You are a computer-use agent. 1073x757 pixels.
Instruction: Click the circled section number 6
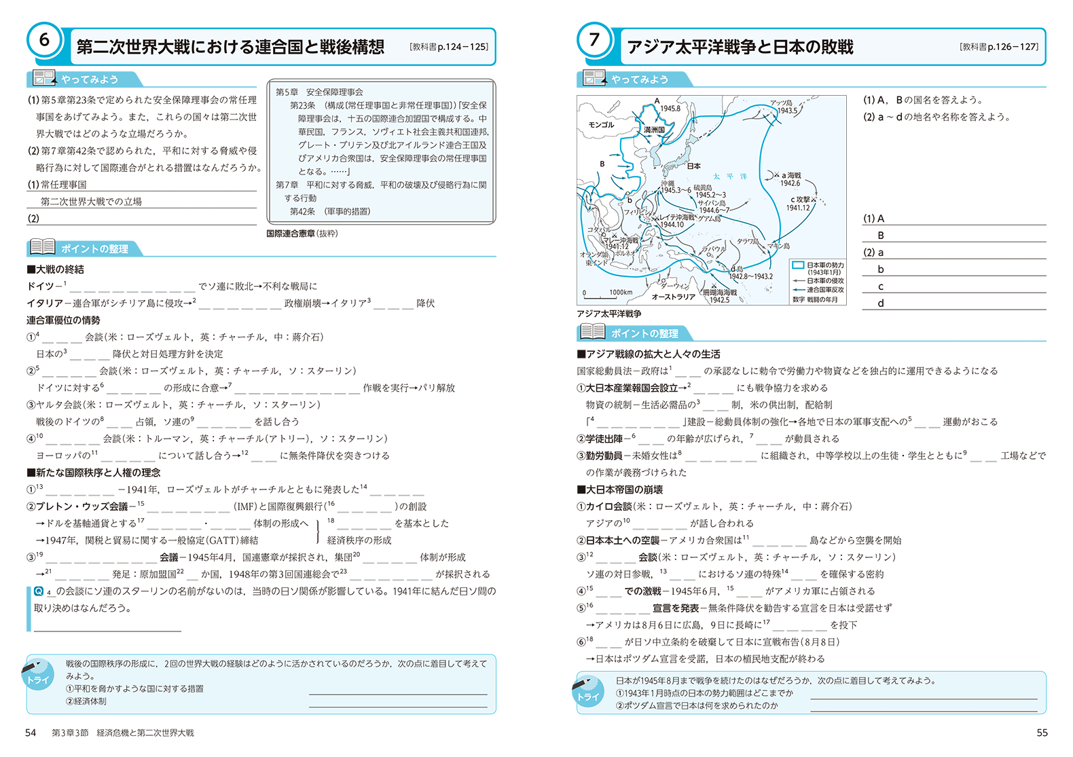point(44,40)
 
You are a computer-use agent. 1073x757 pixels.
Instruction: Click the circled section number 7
point(594,40)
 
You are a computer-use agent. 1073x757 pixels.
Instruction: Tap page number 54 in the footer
point(31,733)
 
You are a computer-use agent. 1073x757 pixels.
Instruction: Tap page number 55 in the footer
point(1042,733)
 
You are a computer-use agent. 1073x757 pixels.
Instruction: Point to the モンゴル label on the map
point(601,125)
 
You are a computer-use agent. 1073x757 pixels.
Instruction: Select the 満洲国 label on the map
point(654,129)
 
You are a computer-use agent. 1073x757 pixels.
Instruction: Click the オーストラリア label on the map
point(673,297)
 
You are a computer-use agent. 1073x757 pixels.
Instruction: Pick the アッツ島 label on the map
point(781,103)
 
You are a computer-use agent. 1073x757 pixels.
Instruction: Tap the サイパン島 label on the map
point(711,203)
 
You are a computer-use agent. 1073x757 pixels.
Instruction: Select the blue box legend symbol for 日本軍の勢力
point(798,265)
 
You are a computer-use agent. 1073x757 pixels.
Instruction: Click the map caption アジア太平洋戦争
point(608,314)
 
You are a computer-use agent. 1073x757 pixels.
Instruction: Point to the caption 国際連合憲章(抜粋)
point(302,234)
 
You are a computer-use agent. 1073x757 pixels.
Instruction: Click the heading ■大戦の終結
point(56,270)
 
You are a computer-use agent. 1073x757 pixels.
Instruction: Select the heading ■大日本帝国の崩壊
point(619,490)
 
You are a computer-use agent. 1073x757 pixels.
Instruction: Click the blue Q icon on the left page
point(39,591)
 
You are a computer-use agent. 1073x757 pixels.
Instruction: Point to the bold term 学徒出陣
point(604,439)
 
